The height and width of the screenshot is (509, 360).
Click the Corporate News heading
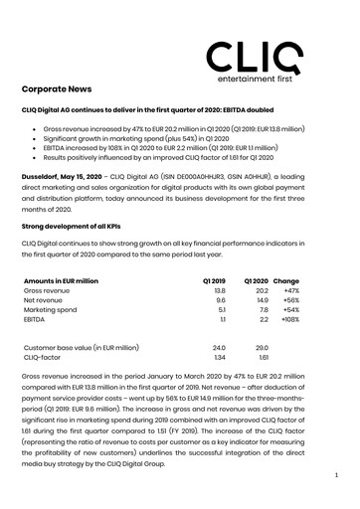(65, 88)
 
